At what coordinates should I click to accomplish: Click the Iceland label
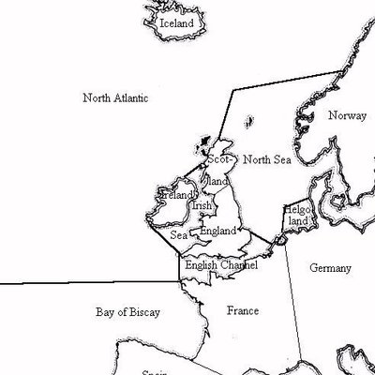[x=176, y=22]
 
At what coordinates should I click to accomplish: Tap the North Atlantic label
[x=115, y=97]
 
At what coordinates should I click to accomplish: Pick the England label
[x=217, y=231]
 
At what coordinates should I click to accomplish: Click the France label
[x=242, y=309]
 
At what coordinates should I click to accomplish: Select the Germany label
[x=330, y=268]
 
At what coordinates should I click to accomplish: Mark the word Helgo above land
[x=297, y=211]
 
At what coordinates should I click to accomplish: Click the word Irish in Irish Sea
[x=202, y=205]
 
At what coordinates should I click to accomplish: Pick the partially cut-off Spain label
[x=154, y=371]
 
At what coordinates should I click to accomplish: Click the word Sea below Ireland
[x=178, y=234]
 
